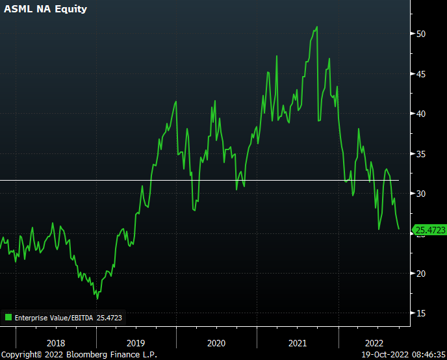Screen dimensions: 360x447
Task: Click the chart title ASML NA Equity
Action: coord(45,10)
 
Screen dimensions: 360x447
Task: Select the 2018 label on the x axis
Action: coord(56,342)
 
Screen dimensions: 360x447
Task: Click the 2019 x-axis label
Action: coord(136,342)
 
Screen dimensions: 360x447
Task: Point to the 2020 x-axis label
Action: coord(216,342)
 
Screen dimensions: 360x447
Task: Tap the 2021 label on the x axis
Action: coord(297,342)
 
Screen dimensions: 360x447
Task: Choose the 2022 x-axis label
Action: coord(374,342)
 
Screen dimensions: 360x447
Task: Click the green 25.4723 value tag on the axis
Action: coord(430,229)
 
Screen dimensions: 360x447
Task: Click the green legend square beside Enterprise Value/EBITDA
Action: coord(8,318)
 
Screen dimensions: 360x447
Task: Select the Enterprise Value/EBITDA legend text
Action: coord(55,318)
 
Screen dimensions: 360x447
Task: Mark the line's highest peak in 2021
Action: coord(316,27)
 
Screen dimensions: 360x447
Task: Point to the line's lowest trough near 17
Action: coord(97,298)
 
